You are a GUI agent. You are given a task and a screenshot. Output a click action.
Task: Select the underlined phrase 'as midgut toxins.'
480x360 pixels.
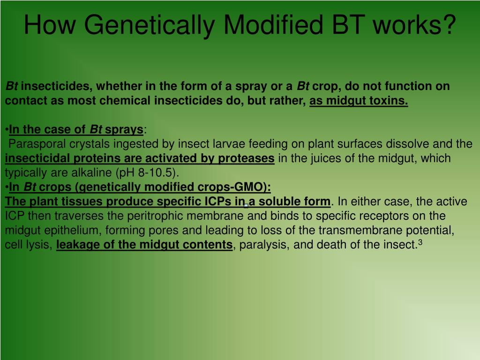coord(359,101)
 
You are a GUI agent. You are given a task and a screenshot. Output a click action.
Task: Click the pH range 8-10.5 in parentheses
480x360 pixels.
coord(154,173)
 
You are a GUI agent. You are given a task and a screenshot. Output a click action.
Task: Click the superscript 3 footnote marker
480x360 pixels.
coord(421,242)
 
